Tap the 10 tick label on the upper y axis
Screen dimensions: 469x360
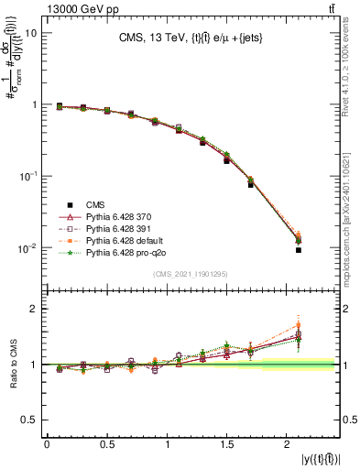tap(30, 33)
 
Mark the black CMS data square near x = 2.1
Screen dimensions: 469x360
tap(299, 250)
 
